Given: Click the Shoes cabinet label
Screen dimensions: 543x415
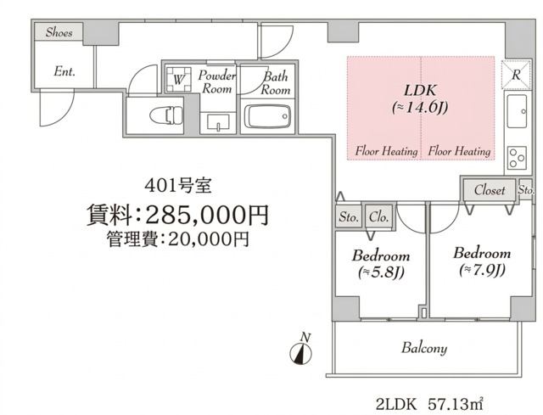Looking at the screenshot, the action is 59,32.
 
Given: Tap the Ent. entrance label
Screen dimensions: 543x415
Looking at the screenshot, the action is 64,71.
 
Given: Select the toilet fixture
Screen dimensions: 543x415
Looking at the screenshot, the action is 166,115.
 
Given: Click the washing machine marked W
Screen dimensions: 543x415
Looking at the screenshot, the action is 179,79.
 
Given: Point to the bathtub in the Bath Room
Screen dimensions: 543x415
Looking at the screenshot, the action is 267,116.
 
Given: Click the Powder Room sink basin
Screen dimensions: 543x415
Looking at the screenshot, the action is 218,122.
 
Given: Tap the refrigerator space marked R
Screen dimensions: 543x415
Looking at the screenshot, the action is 516,75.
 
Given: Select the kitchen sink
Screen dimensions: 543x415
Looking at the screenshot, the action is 517,111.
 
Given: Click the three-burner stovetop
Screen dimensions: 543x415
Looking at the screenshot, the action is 517,158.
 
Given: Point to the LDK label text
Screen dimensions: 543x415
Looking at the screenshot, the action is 420,90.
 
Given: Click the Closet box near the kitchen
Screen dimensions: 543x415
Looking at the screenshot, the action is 490,190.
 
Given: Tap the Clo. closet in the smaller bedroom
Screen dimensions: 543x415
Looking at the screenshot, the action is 378,217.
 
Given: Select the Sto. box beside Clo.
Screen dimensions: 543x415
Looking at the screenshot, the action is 349,217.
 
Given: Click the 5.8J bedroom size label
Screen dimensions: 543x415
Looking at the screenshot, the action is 381,273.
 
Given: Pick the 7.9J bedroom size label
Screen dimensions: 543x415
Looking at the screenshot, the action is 482,270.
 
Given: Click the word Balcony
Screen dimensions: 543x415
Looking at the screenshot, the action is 424,348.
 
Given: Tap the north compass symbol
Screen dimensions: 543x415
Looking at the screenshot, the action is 300,353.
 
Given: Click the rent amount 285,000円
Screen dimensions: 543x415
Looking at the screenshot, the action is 207,215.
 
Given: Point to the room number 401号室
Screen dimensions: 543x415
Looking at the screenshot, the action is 178,186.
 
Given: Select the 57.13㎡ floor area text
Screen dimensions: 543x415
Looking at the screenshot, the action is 456,404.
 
